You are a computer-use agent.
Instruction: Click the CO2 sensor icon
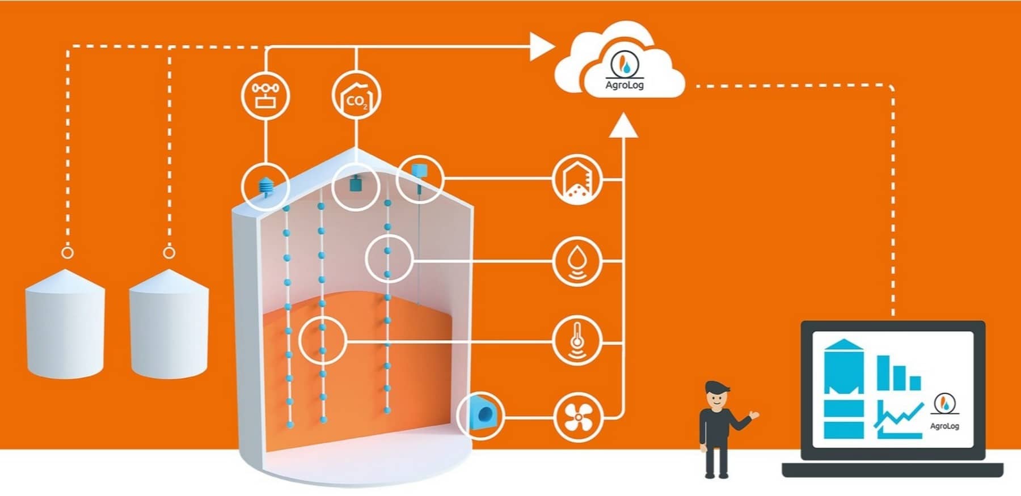click(x=356, y=95)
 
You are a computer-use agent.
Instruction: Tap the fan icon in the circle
click(x=577, y=418)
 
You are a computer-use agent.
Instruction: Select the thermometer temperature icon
click(x=577, y=341)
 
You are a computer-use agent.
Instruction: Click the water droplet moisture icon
click(x=577, y=261)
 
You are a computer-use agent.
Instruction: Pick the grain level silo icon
click(x=577, y=180)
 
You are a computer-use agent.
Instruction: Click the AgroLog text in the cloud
click(x=624, y=86)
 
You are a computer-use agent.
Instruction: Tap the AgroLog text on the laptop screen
click(x=944, y=426)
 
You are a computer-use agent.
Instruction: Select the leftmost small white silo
click(x=65, y=326)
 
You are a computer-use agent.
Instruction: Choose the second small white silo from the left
click(x=168, y=326)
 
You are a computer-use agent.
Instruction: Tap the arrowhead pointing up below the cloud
click(x=623, y=125)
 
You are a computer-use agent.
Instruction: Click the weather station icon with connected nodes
click(x=265, y=95)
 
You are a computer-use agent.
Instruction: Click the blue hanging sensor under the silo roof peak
click(x=356, y=184)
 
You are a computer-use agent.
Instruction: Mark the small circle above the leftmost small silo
click(x=67, y=252)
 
